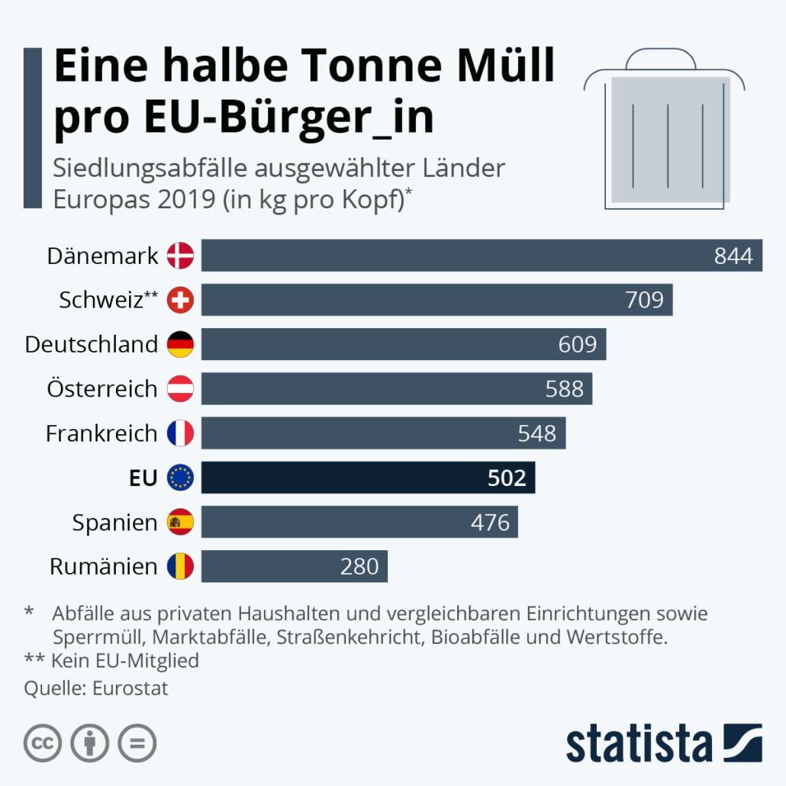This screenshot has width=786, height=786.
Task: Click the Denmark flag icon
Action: click(x=181, y=256)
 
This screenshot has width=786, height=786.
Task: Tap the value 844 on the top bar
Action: click(x=733, y=256)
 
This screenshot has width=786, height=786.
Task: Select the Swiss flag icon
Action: click(x=181, y=300)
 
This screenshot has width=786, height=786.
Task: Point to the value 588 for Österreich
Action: click(x=564, y=389)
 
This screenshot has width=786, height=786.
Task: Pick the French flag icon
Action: click(x=181, y=433)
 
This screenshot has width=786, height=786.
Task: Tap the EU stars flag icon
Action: click(x=181, y=478)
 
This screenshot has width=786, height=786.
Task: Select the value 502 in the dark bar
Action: click(x=507, y=478)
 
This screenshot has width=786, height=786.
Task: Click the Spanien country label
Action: click(x=115, y=523)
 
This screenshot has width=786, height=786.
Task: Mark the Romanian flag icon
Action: click(x=181, y=567)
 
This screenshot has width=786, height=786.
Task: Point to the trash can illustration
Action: click(x=664, y=134)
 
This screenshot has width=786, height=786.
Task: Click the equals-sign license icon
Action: click(x=137, y=742)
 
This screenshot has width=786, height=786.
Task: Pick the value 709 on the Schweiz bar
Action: click(x=644, y=300)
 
